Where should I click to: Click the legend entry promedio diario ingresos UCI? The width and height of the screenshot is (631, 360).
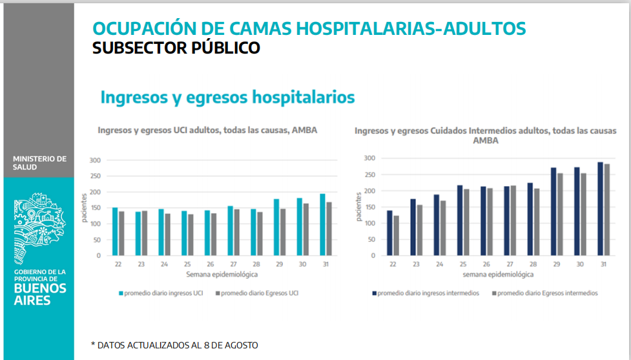(x=161, y=293)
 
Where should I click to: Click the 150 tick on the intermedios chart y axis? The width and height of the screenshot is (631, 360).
(x=369, y=207)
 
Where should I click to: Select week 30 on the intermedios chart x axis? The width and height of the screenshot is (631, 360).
(x=581, y=265)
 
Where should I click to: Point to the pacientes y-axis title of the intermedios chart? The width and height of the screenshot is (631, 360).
(x=358, y=206)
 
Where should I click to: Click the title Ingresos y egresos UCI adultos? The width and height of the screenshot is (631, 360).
(x=207, y=130)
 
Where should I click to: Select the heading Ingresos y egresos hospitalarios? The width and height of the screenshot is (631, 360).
(x=227, y=98)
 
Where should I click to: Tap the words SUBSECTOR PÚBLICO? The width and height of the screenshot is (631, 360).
(x=176, y=48)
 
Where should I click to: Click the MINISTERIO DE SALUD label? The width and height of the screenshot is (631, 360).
(x=39, y=163)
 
